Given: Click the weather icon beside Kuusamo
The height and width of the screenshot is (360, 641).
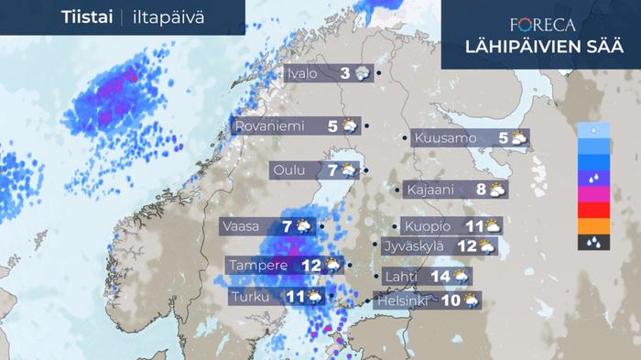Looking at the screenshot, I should pos(518,139).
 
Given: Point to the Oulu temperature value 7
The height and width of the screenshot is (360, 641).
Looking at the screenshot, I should pos(332,170).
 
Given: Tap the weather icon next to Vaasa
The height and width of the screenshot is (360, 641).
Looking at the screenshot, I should pos(303,225).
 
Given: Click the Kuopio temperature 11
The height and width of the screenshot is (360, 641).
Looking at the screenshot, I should pos(473,226).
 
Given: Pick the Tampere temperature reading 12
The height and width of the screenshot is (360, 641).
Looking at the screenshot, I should pos(310,266).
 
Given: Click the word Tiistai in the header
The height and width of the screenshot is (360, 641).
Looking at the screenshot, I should pos(87,17).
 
